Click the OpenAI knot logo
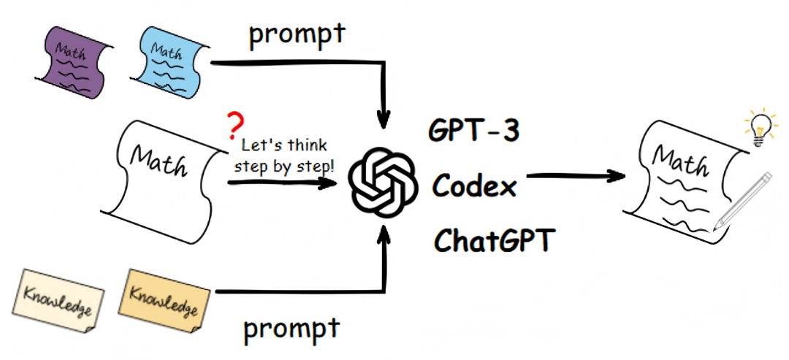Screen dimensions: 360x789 382,180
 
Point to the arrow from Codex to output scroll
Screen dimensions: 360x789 577,176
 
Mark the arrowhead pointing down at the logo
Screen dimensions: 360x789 382,117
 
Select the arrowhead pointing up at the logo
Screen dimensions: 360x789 382,235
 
